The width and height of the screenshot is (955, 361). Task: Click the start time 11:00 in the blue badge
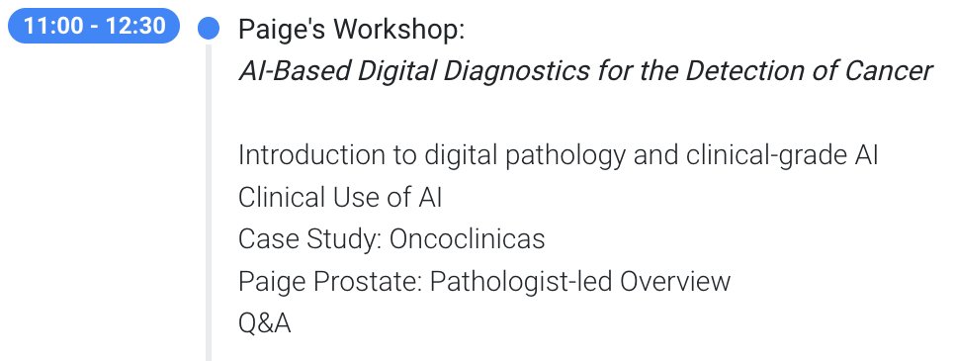[53, 28]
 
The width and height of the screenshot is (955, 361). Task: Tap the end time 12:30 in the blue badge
[135, 28]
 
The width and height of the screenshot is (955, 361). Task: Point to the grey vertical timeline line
[208, 198]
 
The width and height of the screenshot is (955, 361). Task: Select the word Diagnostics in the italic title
[511, 71]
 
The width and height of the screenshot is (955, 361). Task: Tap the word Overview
[675, 282]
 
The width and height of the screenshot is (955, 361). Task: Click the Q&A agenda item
[264, 323]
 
